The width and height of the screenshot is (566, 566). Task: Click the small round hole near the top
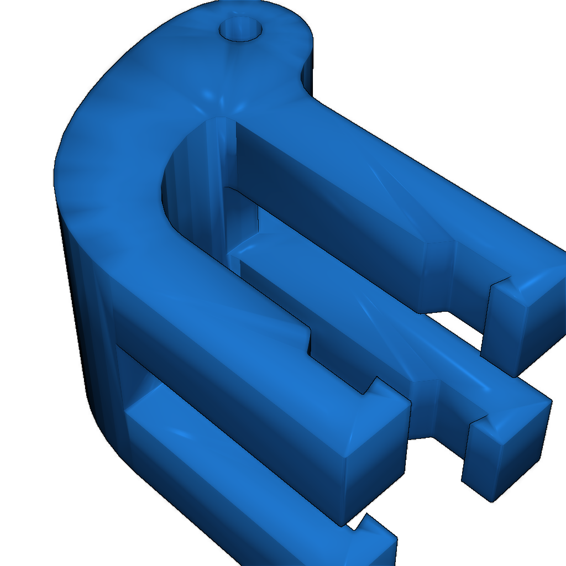241,29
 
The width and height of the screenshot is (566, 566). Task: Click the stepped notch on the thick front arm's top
310,340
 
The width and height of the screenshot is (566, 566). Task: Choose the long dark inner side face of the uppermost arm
332,221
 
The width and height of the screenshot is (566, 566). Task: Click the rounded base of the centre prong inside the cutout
243,254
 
